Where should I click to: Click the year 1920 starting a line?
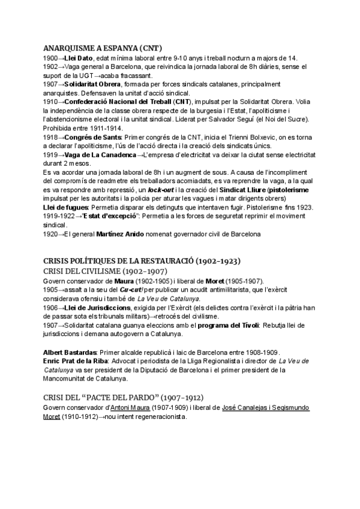(x=51, y=233)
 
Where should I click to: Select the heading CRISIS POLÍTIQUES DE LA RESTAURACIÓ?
(x=130, y=261)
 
